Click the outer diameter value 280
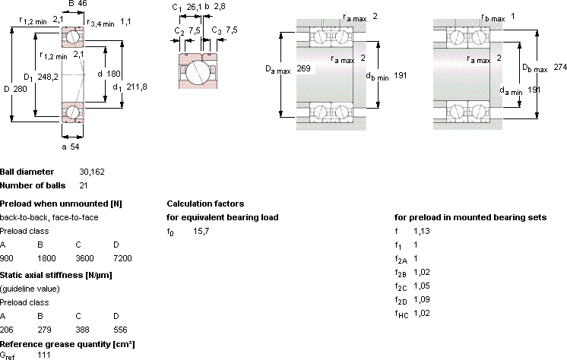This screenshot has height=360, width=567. click(x=21, y=89)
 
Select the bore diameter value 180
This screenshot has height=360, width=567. click(x=113, y=74)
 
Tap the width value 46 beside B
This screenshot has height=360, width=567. click(x=82, y=4)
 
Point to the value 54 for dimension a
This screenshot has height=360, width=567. click(x=74, y=147)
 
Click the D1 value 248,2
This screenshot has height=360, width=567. click(x=48, y=77)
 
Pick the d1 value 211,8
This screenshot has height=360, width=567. click(x=137, y=87)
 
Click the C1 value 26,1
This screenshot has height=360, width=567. click(x=194, y=8)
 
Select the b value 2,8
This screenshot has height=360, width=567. click(x=220, y=7)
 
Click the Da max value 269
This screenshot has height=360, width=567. click(x=303, y=68)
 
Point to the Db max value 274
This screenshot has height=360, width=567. click(x=560, y=67)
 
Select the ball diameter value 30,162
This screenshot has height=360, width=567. click(x=92, y=172)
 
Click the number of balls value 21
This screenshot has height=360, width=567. click(x=84, y=185)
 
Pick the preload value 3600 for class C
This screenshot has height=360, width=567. click(x=84, y=258)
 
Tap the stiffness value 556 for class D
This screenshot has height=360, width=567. click(x=120, y=330)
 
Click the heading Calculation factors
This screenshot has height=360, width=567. click(x=205, y=204)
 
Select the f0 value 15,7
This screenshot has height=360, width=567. click(x=201, y=232)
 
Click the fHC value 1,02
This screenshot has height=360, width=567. click(x=422, y=314)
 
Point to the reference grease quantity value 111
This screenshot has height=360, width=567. click(x=44, y=355)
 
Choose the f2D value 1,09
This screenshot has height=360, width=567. click(x=422, y=300)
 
